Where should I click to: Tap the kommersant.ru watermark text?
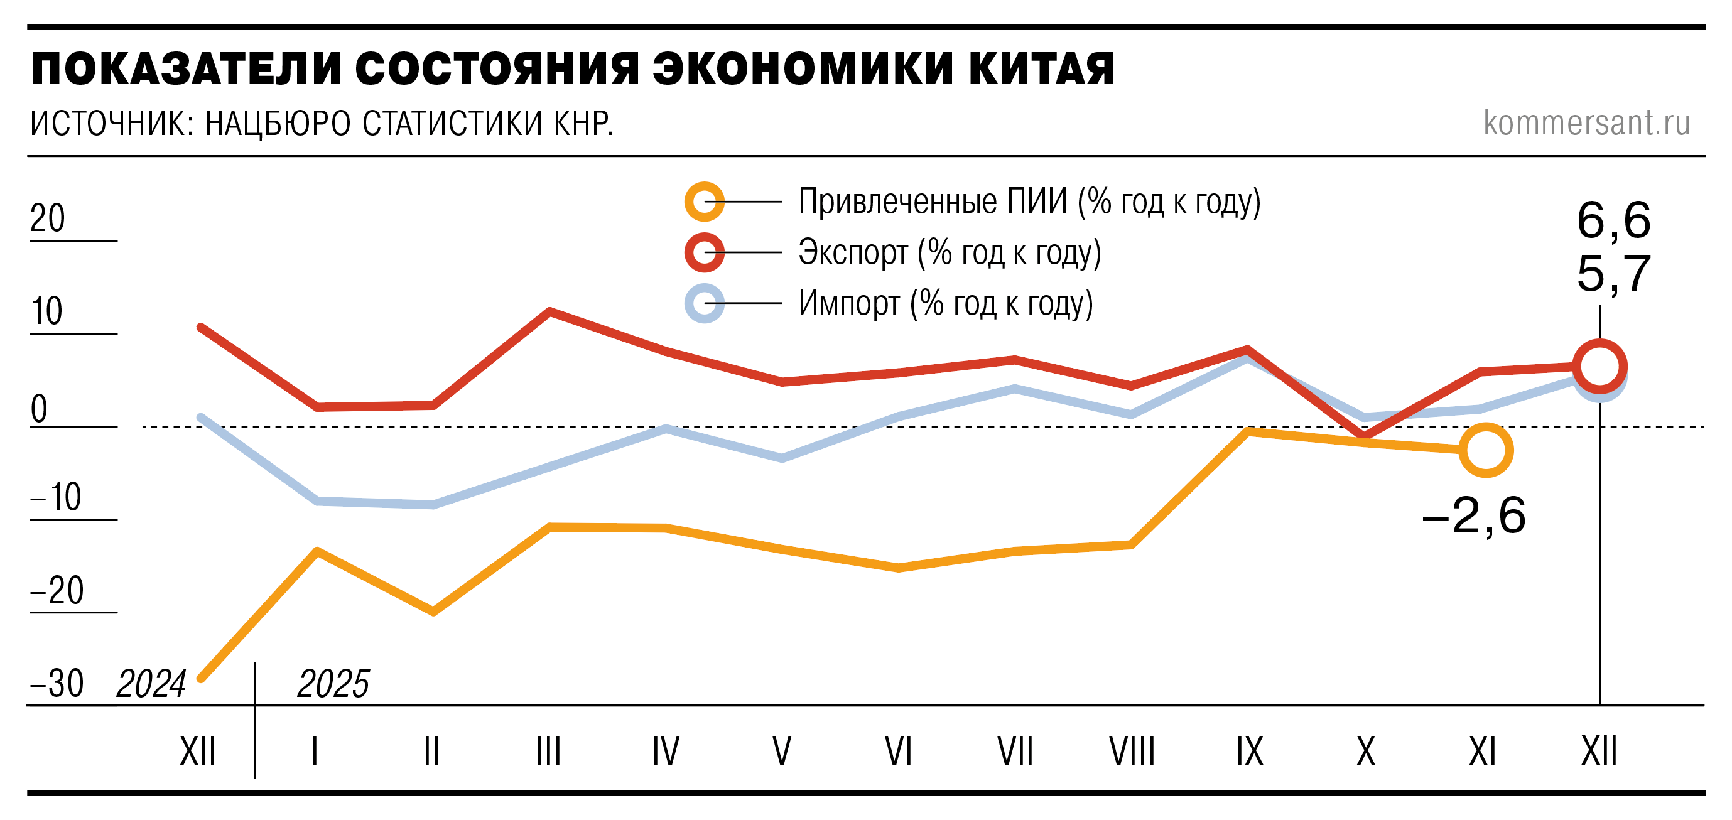click(1586, 122)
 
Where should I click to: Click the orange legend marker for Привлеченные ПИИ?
click(704, 202)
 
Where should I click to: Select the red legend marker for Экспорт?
click(704, 253)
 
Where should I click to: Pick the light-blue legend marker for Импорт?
click(704, 303)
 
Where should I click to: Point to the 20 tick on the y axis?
click(48, 218)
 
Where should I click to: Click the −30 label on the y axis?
click(57, 684)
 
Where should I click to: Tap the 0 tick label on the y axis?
click(39, 409)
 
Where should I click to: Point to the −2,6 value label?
click(1474, 516)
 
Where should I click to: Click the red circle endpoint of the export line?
click(1599, 366)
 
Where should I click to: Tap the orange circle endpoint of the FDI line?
click(1486, 450)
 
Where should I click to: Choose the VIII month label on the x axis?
click(1132, 752)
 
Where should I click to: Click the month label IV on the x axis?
click(666, 752)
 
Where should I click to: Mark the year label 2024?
click(151, 684)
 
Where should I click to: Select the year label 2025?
click(333, 684)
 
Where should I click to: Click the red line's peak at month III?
click(550, 311)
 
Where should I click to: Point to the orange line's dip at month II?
click(434, 612)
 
